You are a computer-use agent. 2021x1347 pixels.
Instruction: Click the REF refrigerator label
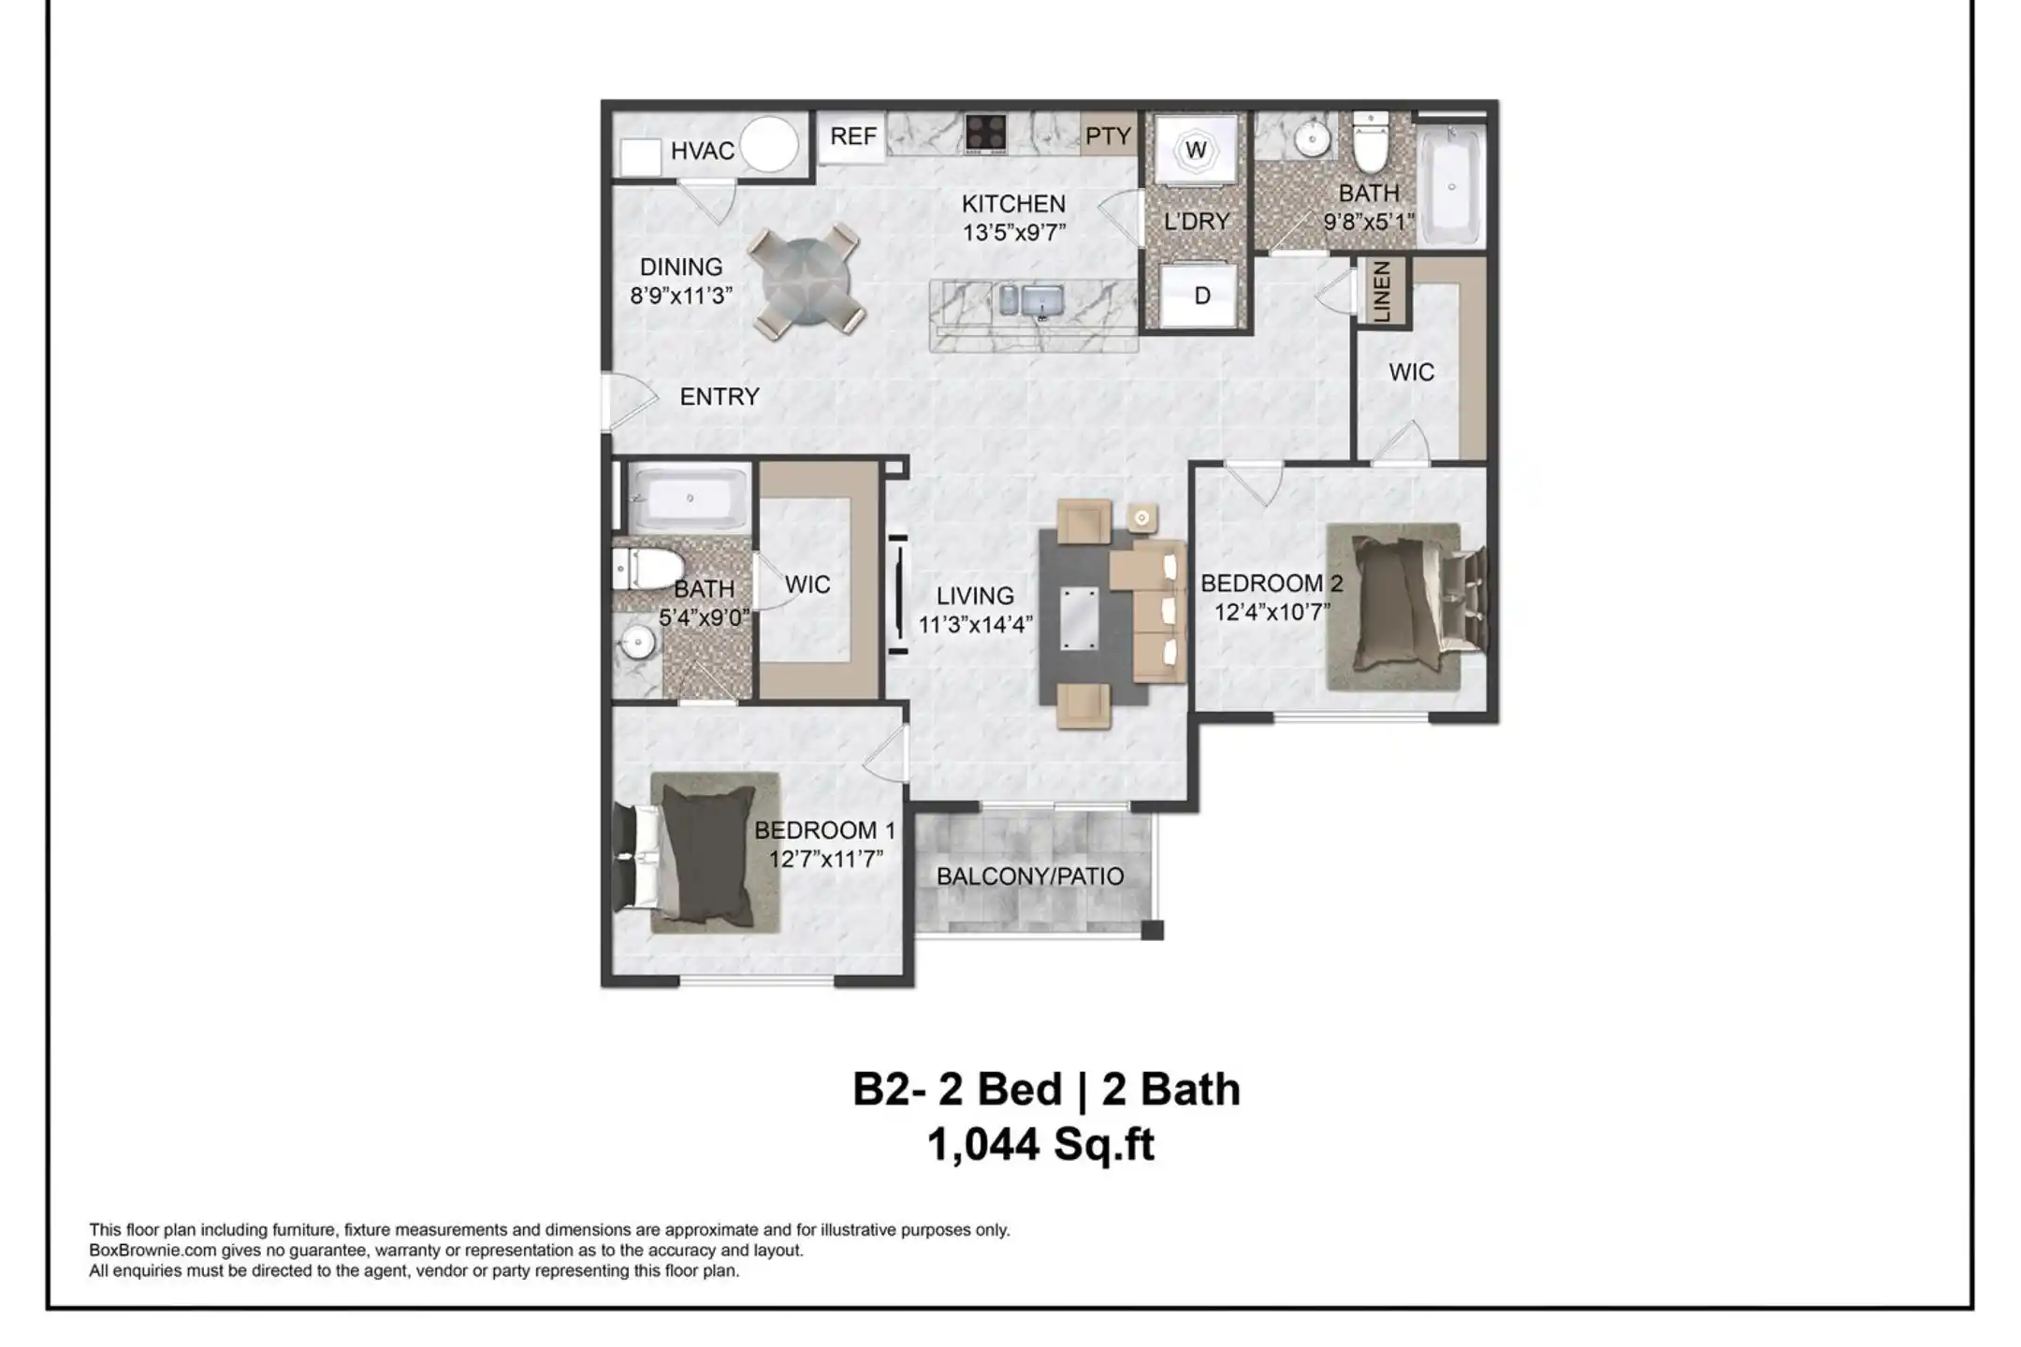click(x=853, y=137)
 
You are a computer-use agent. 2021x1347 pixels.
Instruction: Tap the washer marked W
click(x=1196, y=151)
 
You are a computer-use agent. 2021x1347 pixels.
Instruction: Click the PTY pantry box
click(x=1109, y=136)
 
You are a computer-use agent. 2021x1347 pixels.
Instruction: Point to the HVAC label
click(x=703, y=151)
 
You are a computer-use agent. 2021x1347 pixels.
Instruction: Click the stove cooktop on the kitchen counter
click(x=986, y=133)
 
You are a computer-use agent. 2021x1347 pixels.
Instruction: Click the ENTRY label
click(x=719, y=397)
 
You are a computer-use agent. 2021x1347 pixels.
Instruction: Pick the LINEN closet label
click(x=1382, y=292)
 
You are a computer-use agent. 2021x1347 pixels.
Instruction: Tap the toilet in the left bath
click(x=647, y=568)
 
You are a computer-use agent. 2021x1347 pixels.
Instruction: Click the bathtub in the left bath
click(x=690, y=499)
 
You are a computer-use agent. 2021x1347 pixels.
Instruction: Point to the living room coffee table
click(x=1080, y=618)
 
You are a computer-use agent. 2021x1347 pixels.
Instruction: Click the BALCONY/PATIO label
click(x=1030, y=876)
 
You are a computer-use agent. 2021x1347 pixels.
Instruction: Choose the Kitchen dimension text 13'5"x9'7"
click(x=1014, y=232)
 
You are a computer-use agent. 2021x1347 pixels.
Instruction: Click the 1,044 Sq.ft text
click(x=1041, y=1144)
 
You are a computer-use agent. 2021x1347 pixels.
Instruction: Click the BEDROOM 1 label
click(x=825, y=830)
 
